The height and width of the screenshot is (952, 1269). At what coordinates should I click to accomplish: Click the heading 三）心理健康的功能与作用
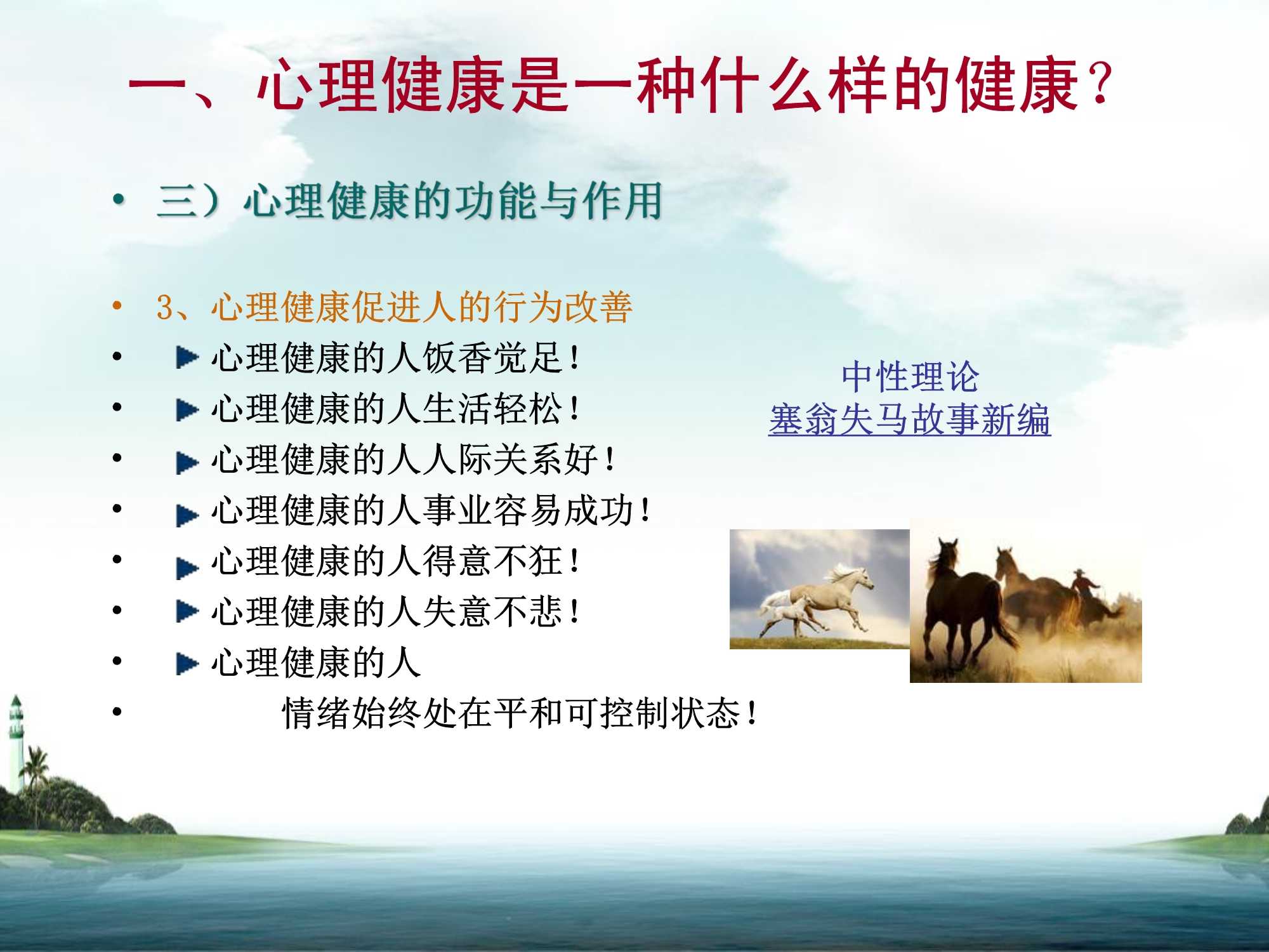pyautogui.click(x=409, y=201)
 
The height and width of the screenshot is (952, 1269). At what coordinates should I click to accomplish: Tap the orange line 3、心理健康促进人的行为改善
pyautogui.click(x=393, y=307)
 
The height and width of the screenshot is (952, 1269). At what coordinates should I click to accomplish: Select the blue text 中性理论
pyautogui.click(x=910, y=377)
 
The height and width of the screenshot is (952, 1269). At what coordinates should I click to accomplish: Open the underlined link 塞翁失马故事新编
pyautogui.click(x=910, y=420)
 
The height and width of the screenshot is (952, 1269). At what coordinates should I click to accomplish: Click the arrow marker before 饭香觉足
pyautogui.click(x=187, y=358)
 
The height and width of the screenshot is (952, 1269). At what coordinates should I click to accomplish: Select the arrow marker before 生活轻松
pyautogui.click(x=187, y=410)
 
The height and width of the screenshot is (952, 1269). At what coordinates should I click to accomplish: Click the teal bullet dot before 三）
pyautogui.click(x=118, y=201)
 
